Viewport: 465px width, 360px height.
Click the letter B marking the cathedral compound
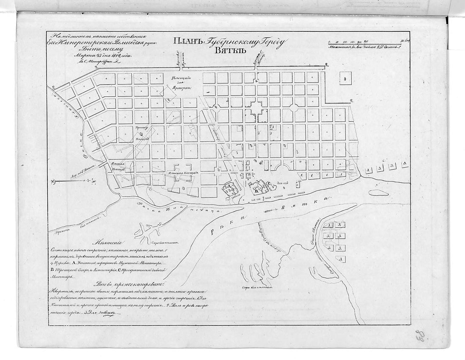[256, 192]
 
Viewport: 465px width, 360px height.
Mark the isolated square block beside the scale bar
[345, 79]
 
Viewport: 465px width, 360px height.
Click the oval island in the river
[379, 193]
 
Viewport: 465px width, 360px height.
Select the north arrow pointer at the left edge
[53, 182]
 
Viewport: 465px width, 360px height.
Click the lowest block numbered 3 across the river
[339, 258]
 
